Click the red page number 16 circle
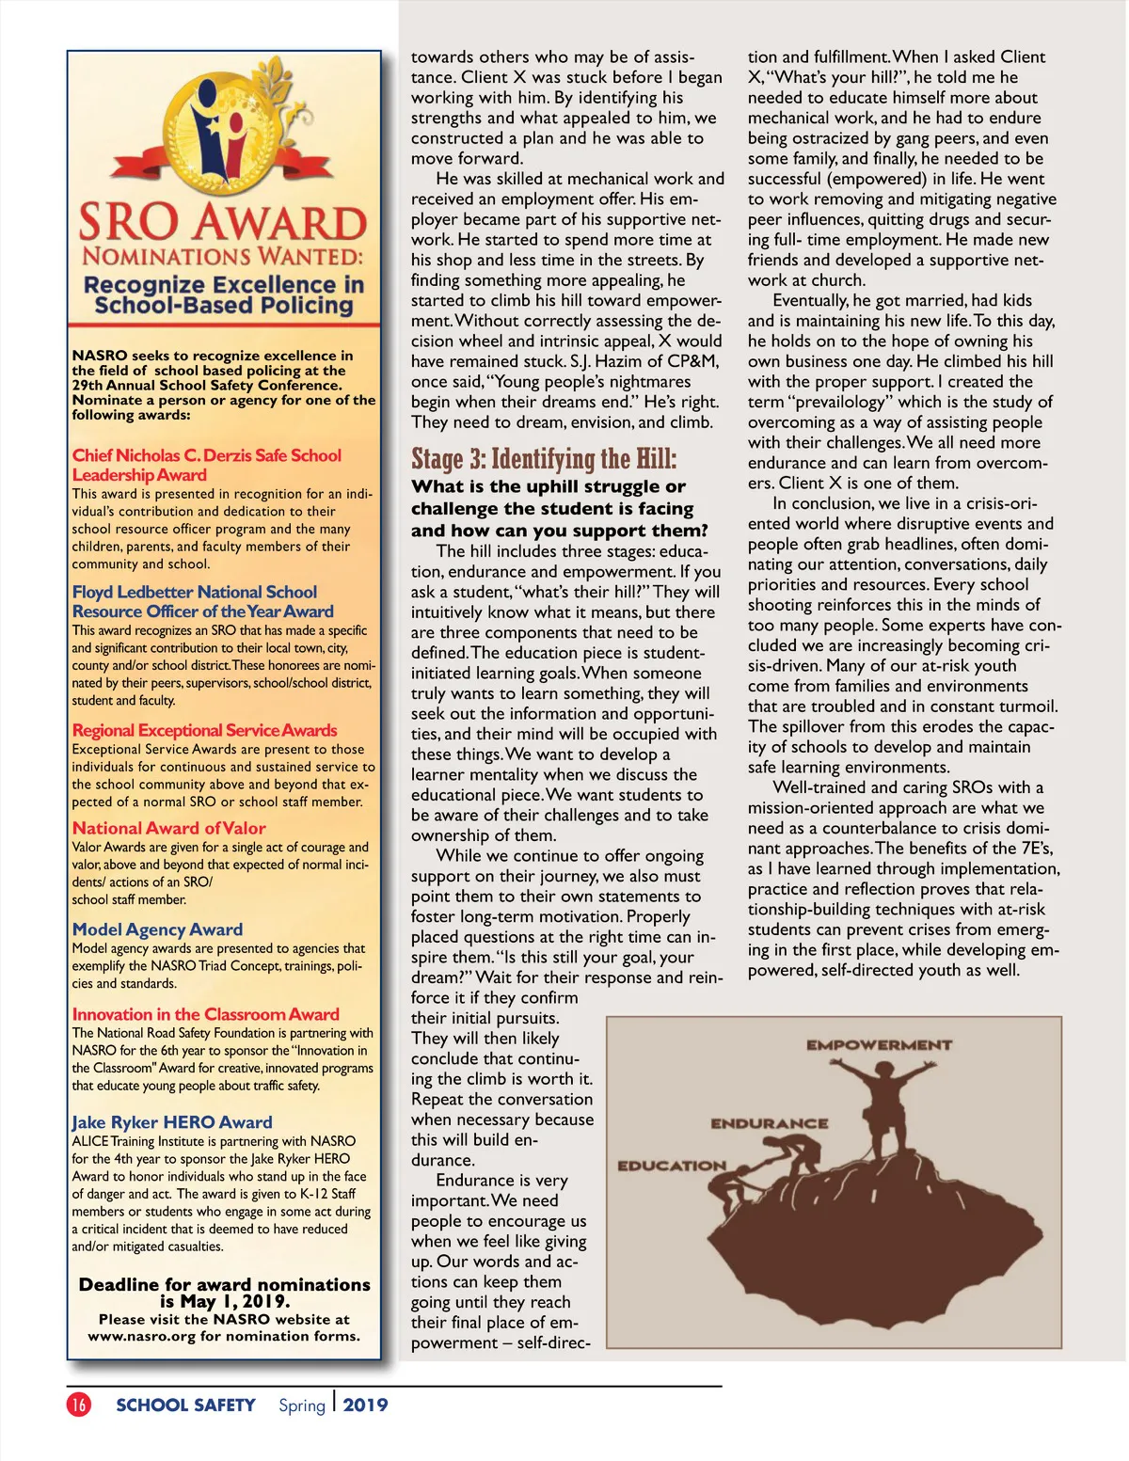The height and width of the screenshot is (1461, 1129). pos(79,1405)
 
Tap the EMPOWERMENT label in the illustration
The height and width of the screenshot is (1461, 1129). pos(879,1044)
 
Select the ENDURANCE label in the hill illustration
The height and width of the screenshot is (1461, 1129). pos(770,1123)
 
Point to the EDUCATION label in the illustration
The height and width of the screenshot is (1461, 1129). pos(672,1166)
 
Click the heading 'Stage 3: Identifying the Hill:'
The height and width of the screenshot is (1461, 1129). pos(544,459)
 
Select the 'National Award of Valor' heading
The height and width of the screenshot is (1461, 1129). pos(169,828)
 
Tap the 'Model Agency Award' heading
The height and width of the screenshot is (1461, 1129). pos(157,929)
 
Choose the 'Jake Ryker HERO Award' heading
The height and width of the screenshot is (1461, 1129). pos(172,1121)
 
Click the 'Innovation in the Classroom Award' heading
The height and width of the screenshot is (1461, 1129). pos(205,1014)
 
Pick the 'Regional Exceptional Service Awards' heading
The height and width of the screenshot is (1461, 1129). pos(204,730)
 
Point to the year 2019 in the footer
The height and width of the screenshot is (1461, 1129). pos(365,1405)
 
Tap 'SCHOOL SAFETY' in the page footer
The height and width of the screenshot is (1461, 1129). pos(185,1405)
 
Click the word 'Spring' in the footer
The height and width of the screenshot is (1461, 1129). pos(301,1405)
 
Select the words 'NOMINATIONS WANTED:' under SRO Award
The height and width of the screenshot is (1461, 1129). pos(222,256)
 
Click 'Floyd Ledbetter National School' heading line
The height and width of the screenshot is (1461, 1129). pos(195,592)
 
